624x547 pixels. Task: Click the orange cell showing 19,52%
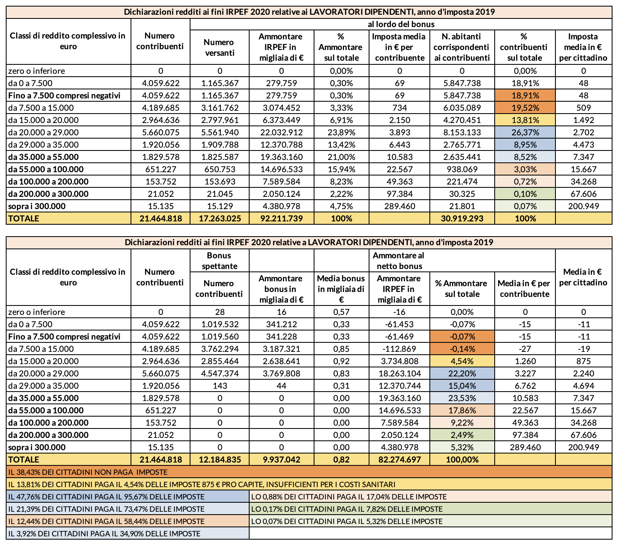(x=525, y=108)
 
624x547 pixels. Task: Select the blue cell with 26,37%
(x=525, y=132)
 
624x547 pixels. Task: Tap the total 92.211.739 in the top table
(x=281, y=218)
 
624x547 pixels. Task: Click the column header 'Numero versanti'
(x=220, y=47)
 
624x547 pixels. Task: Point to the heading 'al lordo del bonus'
(x=401, y=25)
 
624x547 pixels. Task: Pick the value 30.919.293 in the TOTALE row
(x=462, y=218)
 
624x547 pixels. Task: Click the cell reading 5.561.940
(x=220, y=132)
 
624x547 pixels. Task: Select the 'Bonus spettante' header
(x=220, y=261)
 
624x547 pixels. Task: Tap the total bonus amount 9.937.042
(x=281, y=459)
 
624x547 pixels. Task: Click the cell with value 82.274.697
(x=399, y=459)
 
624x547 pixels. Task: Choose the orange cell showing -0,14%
(x=462, y=349)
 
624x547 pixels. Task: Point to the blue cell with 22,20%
(x=462, y=374)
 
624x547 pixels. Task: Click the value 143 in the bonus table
(x=220, y=386)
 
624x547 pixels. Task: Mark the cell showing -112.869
(x=399, y=349)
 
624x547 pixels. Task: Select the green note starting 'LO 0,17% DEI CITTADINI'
(x=346, y=509)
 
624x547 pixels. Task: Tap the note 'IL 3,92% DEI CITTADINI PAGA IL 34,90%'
(x=104, y=533)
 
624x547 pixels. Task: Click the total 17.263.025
(x=220, y=218)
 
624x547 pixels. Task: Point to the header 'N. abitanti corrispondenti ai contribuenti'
(x=462, y=47)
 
